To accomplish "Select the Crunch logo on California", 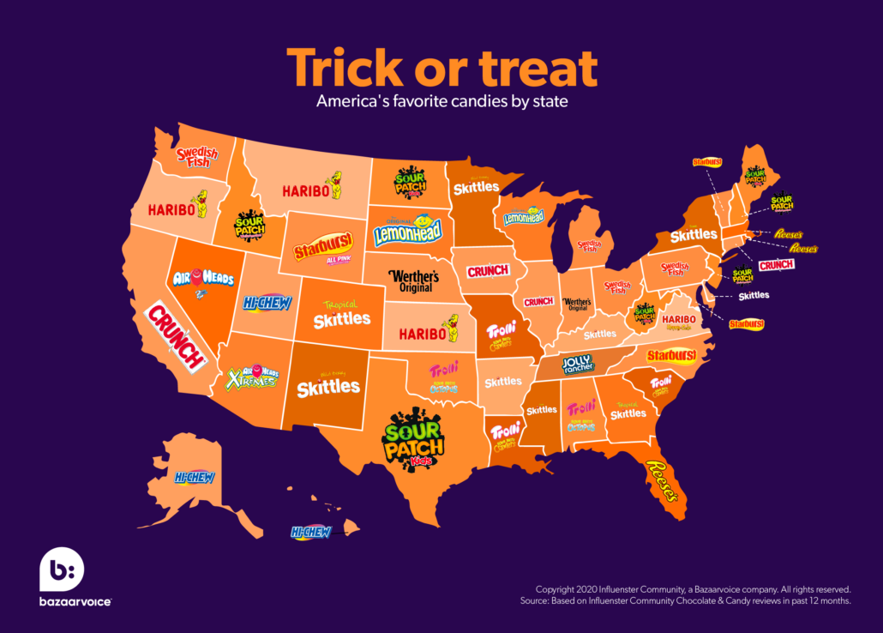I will (177, 336).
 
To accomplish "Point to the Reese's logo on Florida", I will (662, 482).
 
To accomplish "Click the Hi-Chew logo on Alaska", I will (194, 477).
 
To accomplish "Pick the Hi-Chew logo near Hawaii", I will (310, 532).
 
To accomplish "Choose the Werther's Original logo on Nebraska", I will (413, 280).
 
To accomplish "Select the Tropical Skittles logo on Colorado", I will (341, 316).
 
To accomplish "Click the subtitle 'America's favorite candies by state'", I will (441, 101).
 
